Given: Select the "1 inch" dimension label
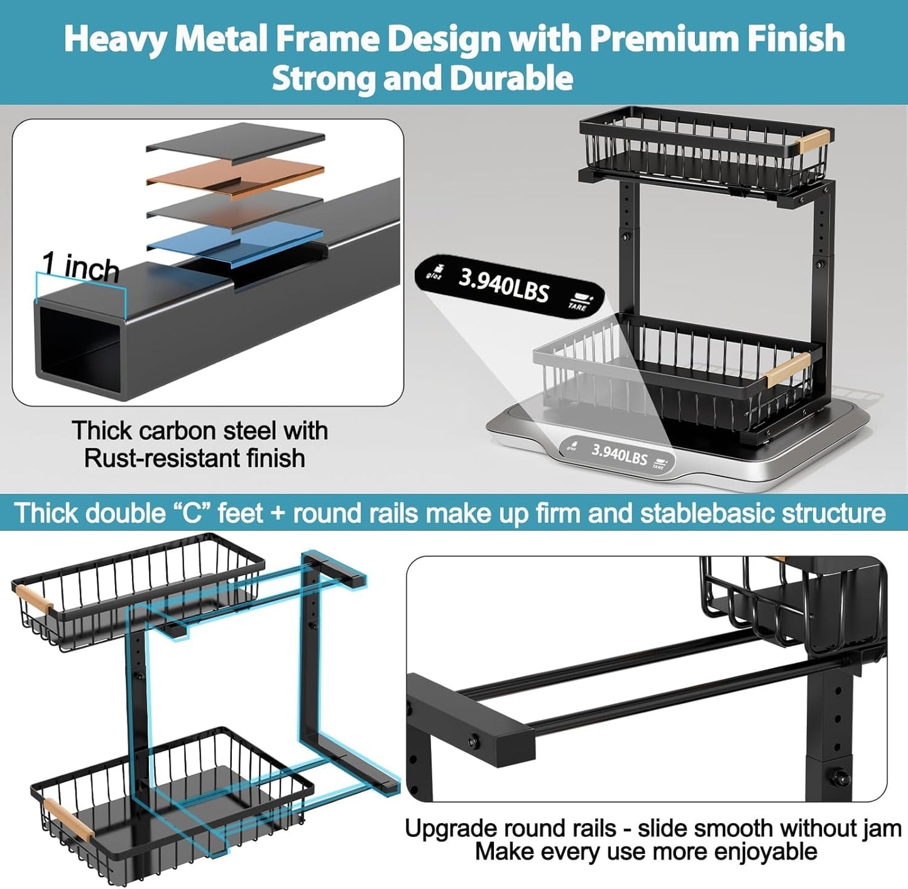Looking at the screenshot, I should tap(80, 266).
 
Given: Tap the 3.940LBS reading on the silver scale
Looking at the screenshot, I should tap(619, 453).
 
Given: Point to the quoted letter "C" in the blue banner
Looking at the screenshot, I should tap(194, 513).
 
